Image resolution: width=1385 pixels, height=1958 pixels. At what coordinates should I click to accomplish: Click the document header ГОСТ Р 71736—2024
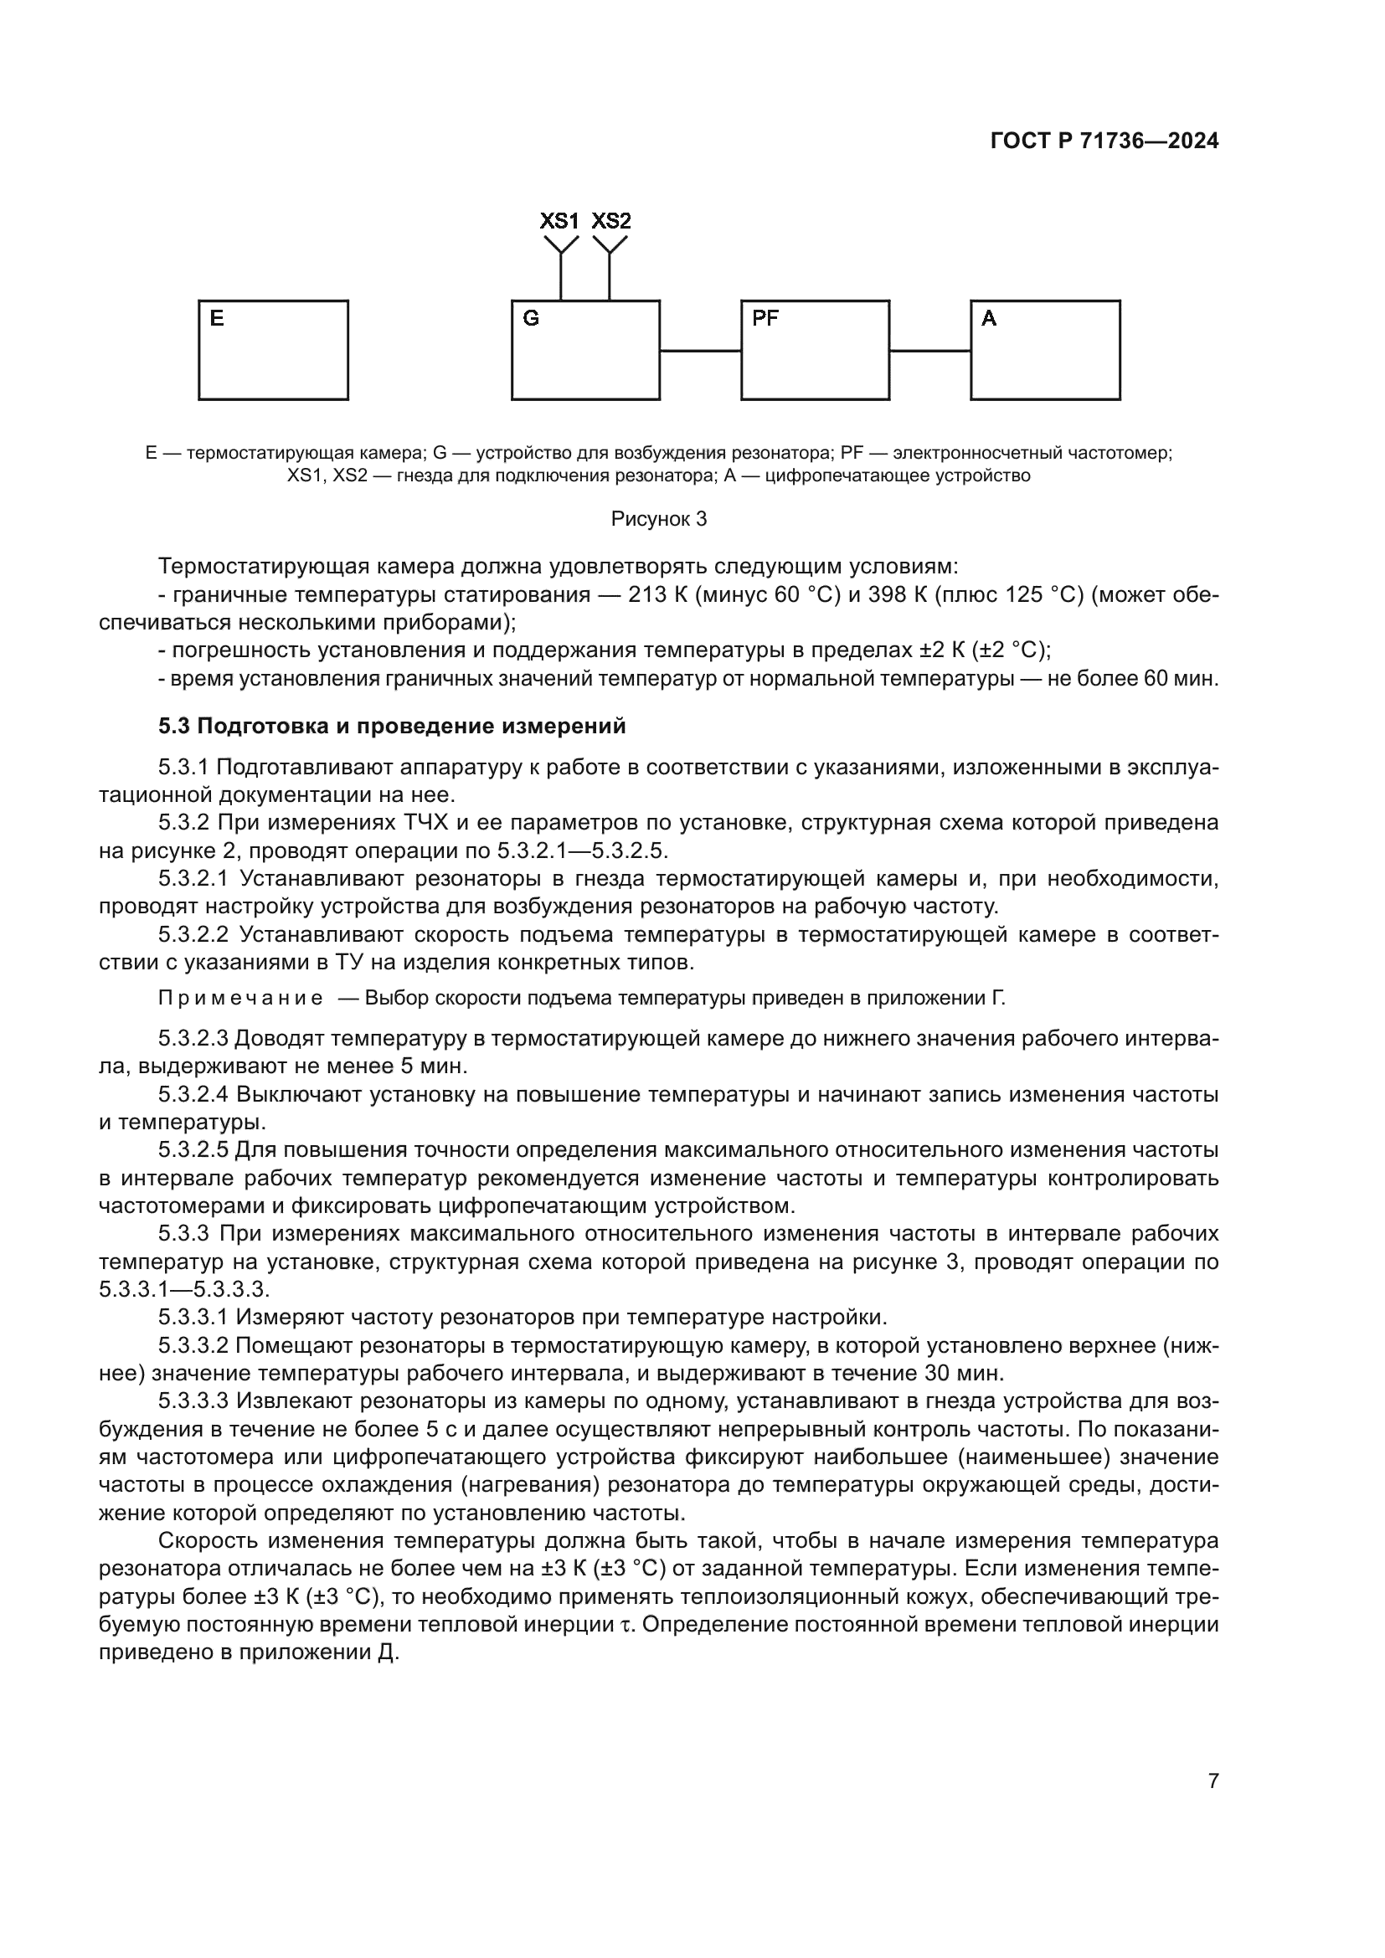[x=1104, y=141]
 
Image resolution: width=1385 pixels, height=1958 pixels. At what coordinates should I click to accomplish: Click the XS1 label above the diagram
[x=559, y=221]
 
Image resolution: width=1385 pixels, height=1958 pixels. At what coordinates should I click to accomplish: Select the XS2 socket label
[x=610, y=221]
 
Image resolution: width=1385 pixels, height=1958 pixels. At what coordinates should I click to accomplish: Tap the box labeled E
[x=273, y=350]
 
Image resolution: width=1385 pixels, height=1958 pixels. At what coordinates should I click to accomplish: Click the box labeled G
[x=585, y=350]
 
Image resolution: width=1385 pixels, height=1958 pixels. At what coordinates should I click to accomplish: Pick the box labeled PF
[x=815, y=350]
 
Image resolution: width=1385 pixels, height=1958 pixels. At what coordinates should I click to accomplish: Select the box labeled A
[x=1045, y=350]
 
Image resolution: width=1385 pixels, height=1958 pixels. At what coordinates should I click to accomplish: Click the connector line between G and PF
[x=700, y=351]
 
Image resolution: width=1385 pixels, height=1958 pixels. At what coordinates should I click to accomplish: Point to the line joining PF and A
[x=929, y=351]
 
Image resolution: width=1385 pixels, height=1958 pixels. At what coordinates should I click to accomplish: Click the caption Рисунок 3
[x=658, y=519]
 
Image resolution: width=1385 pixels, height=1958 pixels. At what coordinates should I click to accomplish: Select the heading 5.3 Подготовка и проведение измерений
[x=391, y=726]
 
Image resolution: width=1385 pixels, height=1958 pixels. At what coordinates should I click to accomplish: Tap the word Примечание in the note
[x=240, y=999]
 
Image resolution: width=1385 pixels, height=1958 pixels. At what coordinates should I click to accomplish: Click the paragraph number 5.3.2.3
[x=193, y=1039]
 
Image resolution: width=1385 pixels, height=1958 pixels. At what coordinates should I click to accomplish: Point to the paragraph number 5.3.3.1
[x=193, y=1318]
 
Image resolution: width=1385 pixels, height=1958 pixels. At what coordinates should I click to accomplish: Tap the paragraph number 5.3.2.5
[x=193, y=1150]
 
